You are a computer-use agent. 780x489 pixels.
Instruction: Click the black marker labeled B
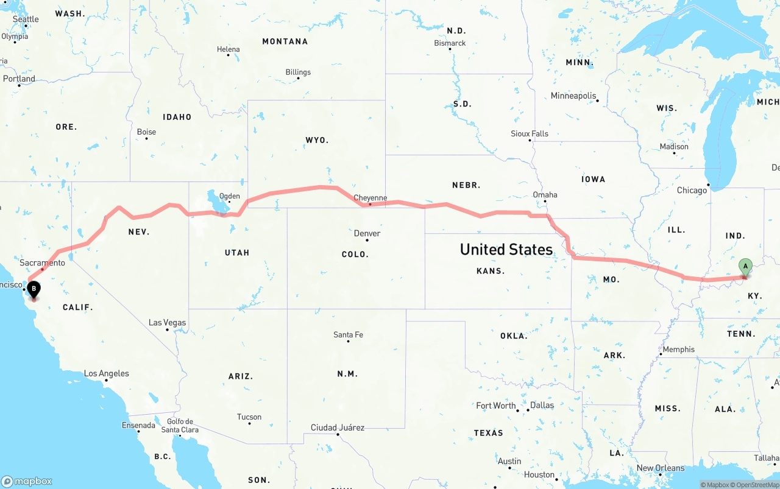coord(34,288)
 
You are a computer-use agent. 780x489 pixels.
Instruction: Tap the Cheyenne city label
coord(370,198)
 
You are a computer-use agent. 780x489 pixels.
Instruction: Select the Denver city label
coord(367,233)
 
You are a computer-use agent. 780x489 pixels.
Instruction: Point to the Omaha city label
coord(545,195)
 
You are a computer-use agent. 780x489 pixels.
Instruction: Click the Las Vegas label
coord(168,323)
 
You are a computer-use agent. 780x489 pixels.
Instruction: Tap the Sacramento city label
coord(42,263)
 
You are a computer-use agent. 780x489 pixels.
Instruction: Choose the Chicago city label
coord(692,190)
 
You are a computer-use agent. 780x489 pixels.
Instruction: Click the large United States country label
coord(506,249)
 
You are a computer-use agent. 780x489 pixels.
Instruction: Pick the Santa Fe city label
coord(348,335)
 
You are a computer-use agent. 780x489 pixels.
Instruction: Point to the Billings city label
coord(298,72)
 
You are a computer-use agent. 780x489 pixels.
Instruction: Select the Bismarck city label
coord(450,43)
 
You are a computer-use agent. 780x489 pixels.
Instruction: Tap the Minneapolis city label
coord(573,96)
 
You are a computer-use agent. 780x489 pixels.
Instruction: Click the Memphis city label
coord(678,350)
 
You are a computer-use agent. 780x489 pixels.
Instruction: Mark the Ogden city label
coord(230,196)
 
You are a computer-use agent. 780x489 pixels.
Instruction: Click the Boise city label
coord(146,132)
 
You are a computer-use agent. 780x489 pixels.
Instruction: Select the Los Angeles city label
coord(106,373)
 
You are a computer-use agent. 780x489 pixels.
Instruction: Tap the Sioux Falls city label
coord(530,133)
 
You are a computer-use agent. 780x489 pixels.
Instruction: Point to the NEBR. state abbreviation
coord(466,185)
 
